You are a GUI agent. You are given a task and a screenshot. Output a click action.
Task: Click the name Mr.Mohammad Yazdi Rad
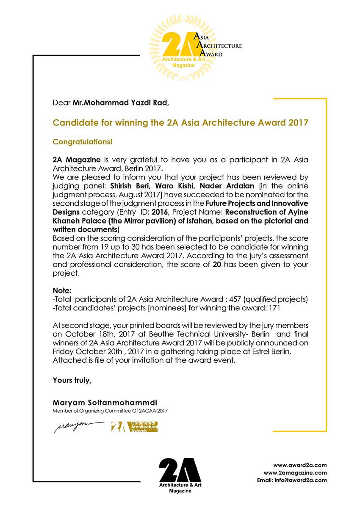coord(120,102)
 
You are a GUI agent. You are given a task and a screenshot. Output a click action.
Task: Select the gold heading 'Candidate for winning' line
coord(180,123)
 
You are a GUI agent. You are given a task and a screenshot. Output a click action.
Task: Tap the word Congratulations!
coord(83,141)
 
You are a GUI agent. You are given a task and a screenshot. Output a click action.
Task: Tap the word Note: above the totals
coord(62,291)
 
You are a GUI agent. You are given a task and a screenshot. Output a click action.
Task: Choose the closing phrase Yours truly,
coord(72,380)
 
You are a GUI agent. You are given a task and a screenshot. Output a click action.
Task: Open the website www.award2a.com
coord(300,465)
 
